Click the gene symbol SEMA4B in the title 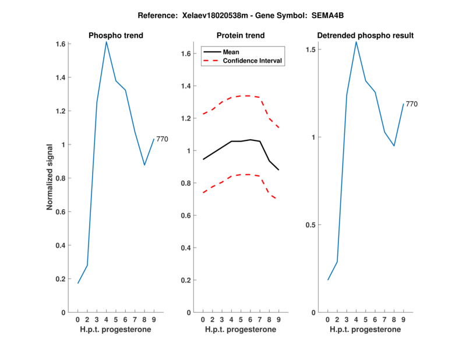pos(313,15)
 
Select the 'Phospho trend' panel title pos(115,36)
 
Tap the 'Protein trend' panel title pos(241,36)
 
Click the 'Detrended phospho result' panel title pos(365,36)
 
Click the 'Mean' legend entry pos(231,52)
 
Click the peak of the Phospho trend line pos(106,41)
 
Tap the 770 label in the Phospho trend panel pos(162,139)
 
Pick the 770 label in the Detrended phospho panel pos(411,104)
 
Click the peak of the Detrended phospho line pos(356,41)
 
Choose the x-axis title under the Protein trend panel pos(240,329)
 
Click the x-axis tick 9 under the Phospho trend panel pos(154,319)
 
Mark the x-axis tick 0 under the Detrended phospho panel pos(327,319)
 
